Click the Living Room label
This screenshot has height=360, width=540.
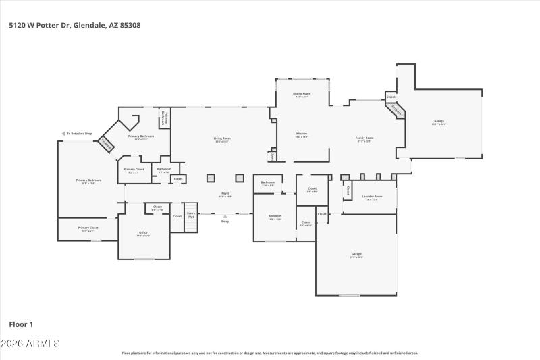(221, 138)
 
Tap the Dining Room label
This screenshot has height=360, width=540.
(301, 94)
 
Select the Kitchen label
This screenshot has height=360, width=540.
(301, 134)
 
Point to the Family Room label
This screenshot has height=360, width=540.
(364, 138)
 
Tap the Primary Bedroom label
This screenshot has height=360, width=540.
(88, 181)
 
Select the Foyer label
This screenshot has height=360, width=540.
(225, 195)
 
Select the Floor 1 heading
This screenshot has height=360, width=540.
(21, 324)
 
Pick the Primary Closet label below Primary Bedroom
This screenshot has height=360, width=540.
(88, 228)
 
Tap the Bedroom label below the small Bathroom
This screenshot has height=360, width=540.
(274, 217)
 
